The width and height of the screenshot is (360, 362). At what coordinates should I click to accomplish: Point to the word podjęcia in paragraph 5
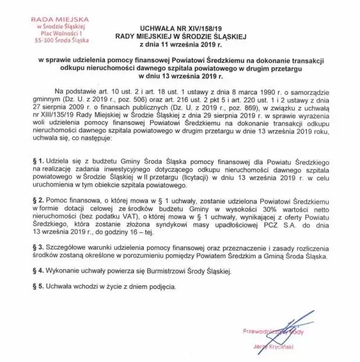153,284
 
